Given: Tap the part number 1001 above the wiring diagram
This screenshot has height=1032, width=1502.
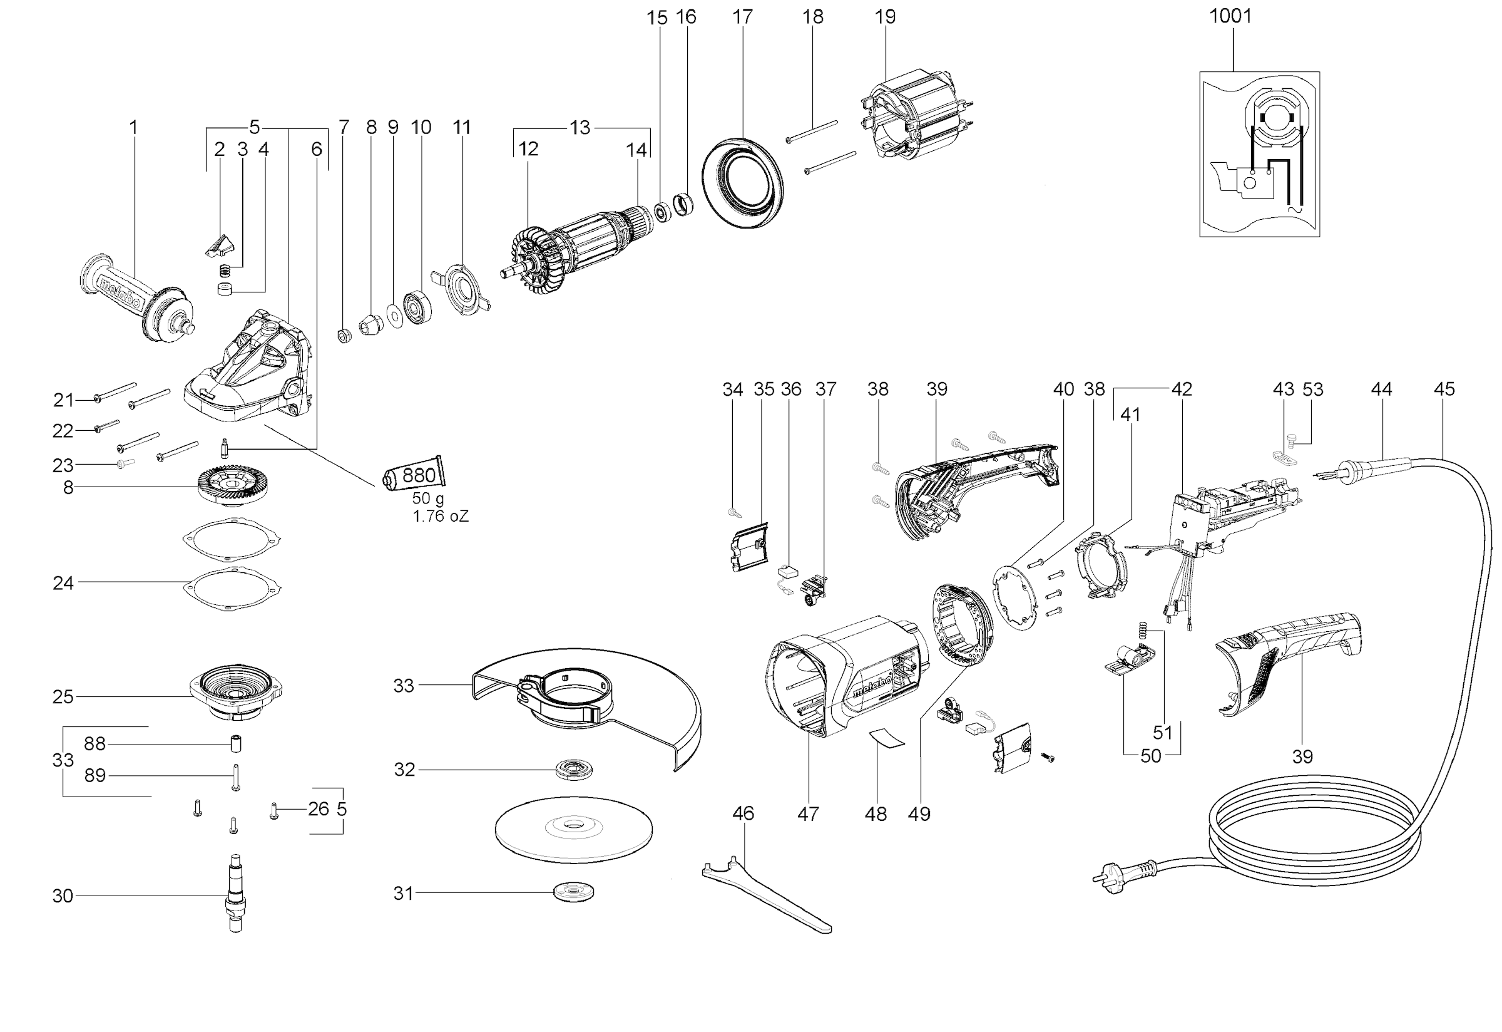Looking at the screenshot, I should click(1230, 16).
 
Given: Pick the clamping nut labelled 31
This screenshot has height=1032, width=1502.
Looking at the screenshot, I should click(574, 892).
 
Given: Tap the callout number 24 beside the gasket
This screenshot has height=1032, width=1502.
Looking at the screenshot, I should click(63, 583).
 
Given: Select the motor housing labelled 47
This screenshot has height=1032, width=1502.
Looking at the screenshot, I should click(840, 679).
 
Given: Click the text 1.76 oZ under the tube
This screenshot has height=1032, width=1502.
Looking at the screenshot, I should click(440, 517).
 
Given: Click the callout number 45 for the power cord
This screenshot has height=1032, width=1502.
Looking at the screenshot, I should click(1443, 390).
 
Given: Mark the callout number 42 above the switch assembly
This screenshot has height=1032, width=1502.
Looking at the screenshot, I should click(1182, 390).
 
